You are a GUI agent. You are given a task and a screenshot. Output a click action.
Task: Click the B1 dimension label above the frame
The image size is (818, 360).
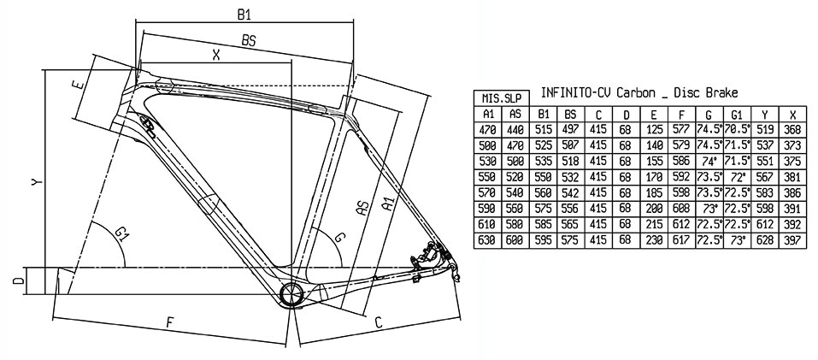[244, 15]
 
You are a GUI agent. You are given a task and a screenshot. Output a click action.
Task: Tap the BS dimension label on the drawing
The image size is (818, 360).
[249, 41]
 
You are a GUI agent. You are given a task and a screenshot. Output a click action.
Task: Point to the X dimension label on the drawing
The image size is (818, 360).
[216, 54]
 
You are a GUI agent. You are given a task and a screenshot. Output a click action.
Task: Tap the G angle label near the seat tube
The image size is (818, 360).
[339, 237]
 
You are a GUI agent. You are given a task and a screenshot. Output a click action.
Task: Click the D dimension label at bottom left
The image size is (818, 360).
[19, 281]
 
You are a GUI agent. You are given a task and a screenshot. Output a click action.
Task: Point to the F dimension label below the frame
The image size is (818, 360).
[169, 322]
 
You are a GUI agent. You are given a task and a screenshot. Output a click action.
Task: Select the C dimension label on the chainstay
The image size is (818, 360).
[379, 323]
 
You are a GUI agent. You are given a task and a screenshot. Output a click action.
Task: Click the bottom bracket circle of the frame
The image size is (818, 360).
[291, 295]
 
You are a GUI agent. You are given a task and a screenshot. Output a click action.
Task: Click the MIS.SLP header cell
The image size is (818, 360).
[502, 98]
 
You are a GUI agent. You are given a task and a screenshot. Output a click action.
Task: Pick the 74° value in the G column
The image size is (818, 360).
[709, 160]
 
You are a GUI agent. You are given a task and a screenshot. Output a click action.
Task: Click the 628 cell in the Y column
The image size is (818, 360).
[765, 240]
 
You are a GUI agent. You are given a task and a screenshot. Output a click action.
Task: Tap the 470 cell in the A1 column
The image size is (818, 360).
[488, 130]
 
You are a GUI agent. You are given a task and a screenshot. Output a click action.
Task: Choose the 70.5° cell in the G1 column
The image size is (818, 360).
[737, 130]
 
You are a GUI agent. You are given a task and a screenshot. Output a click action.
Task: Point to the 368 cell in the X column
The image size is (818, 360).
[792, 130]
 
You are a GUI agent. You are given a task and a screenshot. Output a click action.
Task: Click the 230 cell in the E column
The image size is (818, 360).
[654, 240]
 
